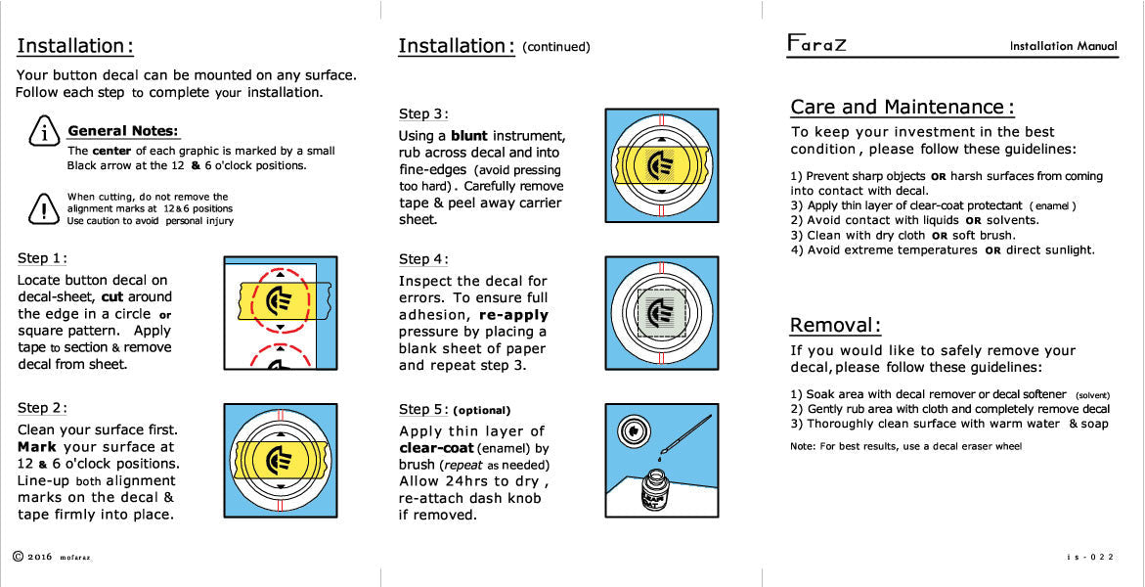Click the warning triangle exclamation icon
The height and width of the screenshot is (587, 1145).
point(42,207)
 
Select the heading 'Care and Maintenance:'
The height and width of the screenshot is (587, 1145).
point(902,107)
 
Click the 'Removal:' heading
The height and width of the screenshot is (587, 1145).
point(836,325)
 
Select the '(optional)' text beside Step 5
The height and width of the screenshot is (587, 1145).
point(482,410)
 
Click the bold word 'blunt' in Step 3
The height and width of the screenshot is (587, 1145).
point(469,136)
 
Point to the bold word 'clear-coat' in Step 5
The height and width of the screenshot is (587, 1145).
point(437,448)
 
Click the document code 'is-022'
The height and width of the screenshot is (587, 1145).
point(1090,557)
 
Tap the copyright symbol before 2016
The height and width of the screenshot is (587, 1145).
point(18,556)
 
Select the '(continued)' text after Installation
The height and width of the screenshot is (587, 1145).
point(556,47)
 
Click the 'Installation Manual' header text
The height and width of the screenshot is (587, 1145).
point(1063,46)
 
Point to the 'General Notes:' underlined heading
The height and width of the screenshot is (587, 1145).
point(123,131)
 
